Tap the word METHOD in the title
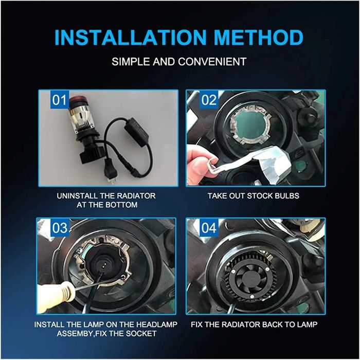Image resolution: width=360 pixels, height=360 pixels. [259, 38]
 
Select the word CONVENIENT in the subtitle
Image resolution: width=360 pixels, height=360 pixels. [212, 62]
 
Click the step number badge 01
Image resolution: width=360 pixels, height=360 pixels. [59, 100]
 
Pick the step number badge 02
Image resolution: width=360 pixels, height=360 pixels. [209, 100]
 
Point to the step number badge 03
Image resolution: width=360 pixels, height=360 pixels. [60, 228]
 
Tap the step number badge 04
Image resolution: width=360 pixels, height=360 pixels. [209, 228]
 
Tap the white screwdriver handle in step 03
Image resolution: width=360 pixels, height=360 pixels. [56, 298]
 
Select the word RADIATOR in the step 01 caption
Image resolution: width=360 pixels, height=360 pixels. [136, 196]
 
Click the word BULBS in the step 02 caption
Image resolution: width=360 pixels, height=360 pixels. [289, 196]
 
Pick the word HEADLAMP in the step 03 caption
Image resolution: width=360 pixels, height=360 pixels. [157, 325]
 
